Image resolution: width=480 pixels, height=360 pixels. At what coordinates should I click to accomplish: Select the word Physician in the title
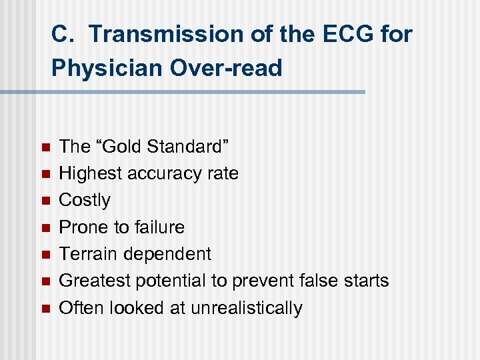point(103,67)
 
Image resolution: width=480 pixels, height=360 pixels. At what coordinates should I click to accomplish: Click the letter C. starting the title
point(64,34)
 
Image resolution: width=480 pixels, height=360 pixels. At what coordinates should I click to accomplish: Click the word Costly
point(85,200)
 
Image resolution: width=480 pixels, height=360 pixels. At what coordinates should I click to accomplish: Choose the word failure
point(159,227)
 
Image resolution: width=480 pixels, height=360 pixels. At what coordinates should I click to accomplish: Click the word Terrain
point(86,254)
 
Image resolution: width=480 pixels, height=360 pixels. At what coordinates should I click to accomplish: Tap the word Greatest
point(94,281)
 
